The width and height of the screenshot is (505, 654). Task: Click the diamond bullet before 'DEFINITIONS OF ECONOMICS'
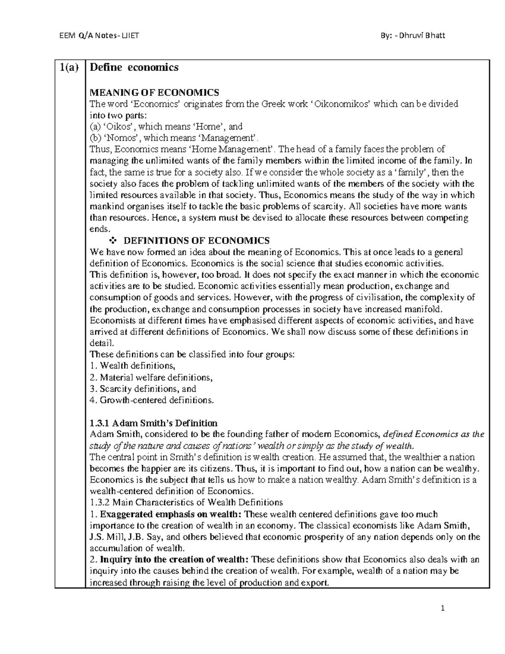112,240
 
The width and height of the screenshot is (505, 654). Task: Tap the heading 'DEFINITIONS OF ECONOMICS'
196,240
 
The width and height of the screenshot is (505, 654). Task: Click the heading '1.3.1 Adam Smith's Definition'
154,423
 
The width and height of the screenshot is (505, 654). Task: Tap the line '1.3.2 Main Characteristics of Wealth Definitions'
186,502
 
